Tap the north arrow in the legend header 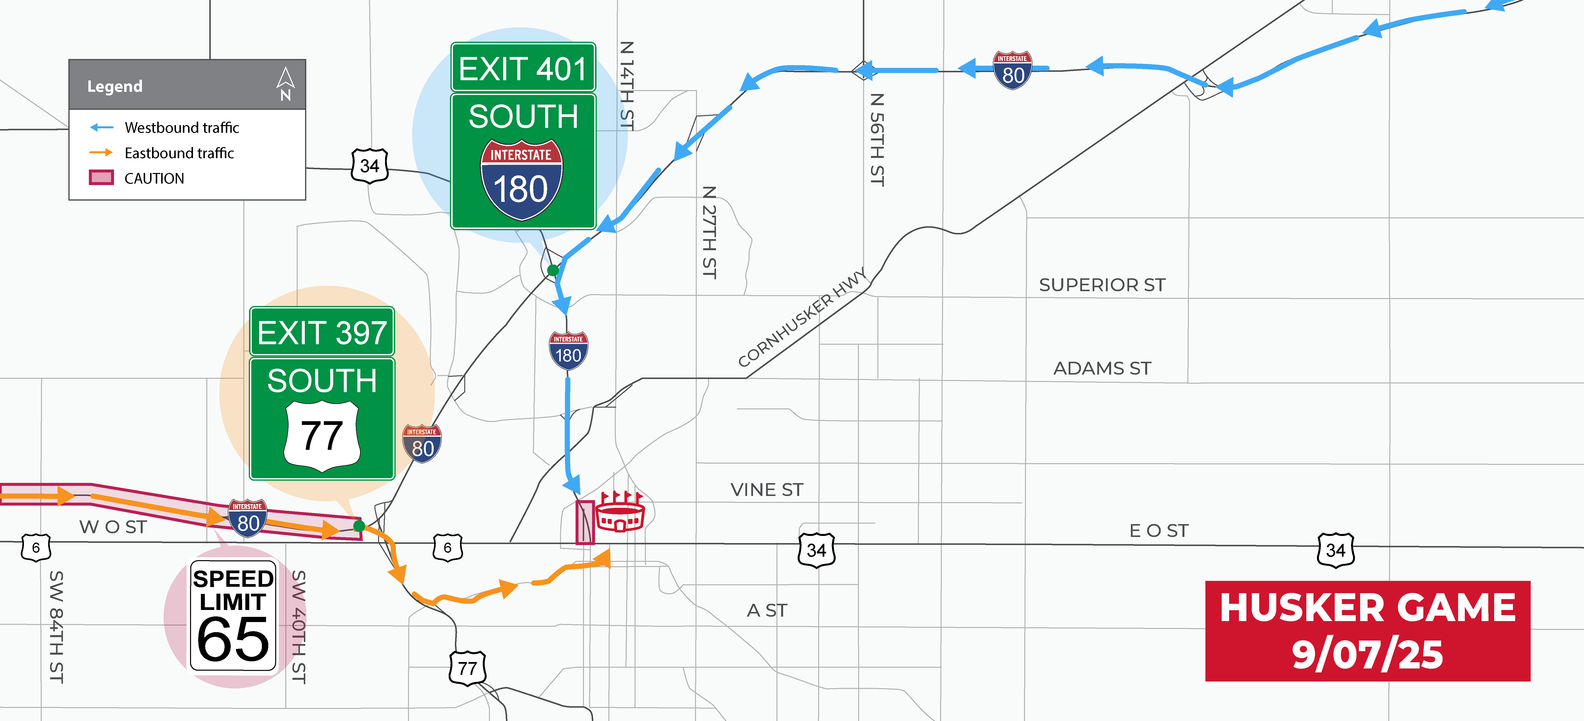pos(285,84)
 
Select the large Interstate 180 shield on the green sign pos(522,180)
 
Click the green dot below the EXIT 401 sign pos(553,270)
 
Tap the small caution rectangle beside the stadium pos(584,522)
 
